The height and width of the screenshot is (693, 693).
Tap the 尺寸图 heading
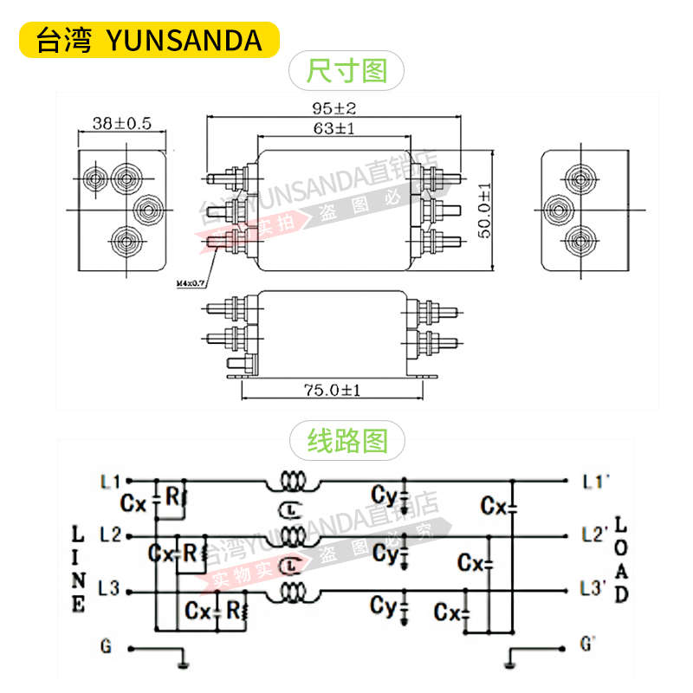[x=346, y=69]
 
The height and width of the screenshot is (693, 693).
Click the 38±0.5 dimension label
[x=122, y=123]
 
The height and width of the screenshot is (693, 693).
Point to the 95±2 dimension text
[x=334, y=109]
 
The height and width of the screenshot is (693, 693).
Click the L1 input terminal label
[x=110, y=480]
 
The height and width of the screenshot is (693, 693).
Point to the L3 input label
[x=109, y=589]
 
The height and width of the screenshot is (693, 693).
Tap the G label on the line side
[x=106, y=645]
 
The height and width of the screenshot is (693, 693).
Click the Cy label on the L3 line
[x=383, y=605]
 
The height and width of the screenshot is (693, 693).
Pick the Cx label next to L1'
[x=494, y=504]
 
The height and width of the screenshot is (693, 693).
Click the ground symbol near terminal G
[x=183, y=664]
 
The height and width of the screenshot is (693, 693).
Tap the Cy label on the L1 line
[x=384, y=495]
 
